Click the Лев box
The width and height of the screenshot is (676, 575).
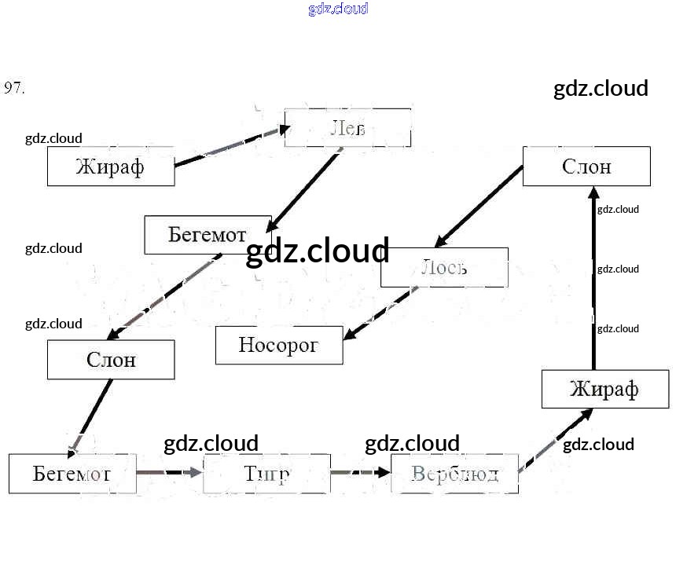click(347, 128)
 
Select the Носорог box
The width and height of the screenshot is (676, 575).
click(279, 345)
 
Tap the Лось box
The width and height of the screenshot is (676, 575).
click(444, 267)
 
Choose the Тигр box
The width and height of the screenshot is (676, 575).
click(266, 474)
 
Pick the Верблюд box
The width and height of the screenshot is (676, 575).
click(454, 474)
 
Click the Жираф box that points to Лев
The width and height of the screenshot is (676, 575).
click(111, 167)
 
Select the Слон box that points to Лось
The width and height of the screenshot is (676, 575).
click(586, 166)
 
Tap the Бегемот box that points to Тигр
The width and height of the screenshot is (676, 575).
click(72, 473)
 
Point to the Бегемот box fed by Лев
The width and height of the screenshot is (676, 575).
click(208, 235)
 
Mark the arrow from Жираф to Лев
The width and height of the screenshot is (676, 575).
click(228, 148)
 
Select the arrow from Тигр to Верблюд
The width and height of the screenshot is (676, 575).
click(360, 473)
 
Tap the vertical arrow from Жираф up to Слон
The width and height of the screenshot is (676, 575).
click(594, 279)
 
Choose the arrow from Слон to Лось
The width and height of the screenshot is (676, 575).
click(479, 206)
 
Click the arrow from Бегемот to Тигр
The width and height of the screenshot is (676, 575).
click(169, 473)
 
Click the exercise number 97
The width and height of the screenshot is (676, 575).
click(14, 88)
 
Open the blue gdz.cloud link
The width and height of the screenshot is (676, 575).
click(338, 9)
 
